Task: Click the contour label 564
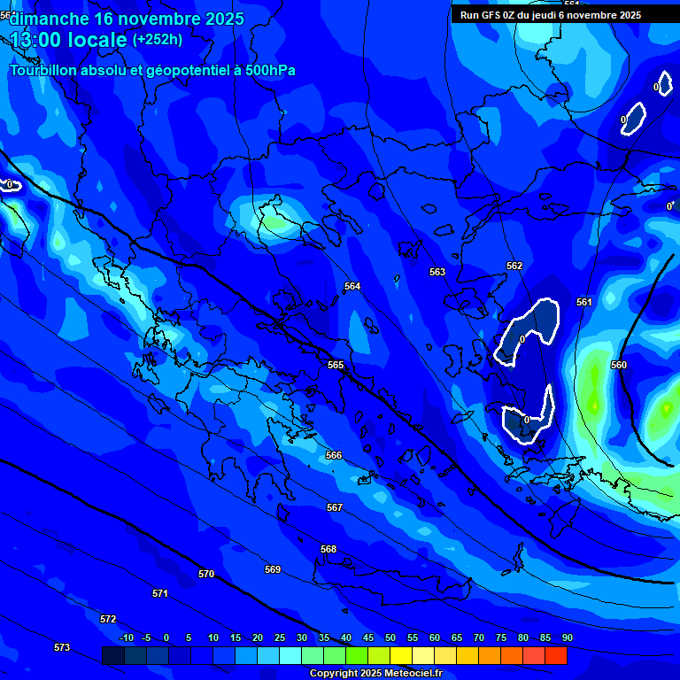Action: tap(352, 286)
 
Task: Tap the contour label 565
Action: tap(336, 365)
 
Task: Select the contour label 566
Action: tap(334, 455)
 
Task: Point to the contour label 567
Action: tap(334, 507)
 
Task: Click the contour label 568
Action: tap(328, 549)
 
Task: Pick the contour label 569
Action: tap(273, 569)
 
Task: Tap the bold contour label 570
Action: tap(206, 574)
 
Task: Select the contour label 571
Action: tap(160, 593)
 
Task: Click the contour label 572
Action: tap(108, 619)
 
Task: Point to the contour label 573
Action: tap(62, 647)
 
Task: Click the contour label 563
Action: tap(437, 272)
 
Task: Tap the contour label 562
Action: tap(514, 266)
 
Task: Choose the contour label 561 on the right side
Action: tap(584, 302)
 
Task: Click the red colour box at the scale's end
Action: tap(556, 655)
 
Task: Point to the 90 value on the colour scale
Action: tap(567, 637)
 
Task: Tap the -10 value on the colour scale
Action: tap(127, 637)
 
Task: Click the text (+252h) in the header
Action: tap(158, 39)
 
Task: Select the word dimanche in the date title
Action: tap(49, 18)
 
